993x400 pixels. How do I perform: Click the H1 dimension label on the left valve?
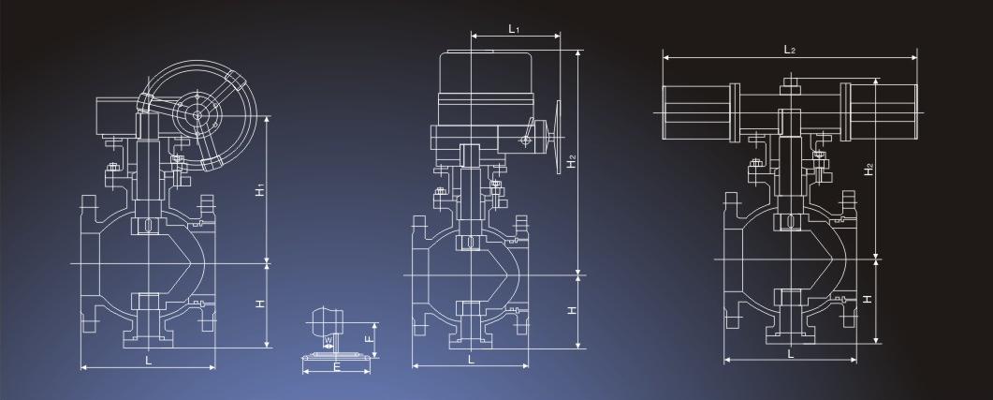pos(260,189)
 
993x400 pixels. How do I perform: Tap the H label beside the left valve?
pos(260,304)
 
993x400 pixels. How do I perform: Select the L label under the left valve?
pos(148,360)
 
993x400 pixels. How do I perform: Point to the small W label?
pos(329,341)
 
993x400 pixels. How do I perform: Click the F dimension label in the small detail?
pos(369,338)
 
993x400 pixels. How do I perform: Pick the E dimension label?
pos(337,367)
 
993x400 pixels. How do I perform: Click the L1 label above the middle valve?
pos(514,28)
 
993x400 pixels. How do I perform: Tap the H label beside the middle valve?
pos(571,310)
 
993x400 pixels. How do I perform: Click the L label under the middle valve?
pos(471,359)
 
